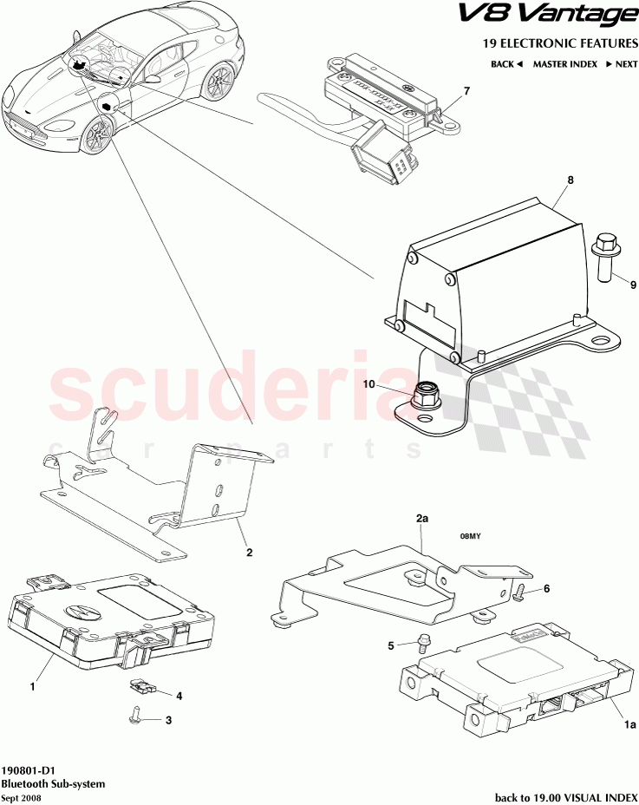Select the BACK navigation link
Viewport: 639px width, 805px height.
tap(506, 64)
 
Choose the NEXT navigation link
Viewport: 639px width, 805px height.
tap(622, 64)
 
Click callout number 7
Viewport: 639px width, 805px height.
tap(466, 91)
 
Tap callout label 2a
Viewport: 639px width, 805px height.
tap(422, 518)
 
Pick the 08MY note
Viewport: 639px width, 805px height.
tap(470, 535)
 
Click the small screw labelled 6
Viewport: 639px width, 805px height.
tap(518, 592)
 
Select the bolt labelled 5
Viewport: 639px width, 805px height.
tap(424, 643)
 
